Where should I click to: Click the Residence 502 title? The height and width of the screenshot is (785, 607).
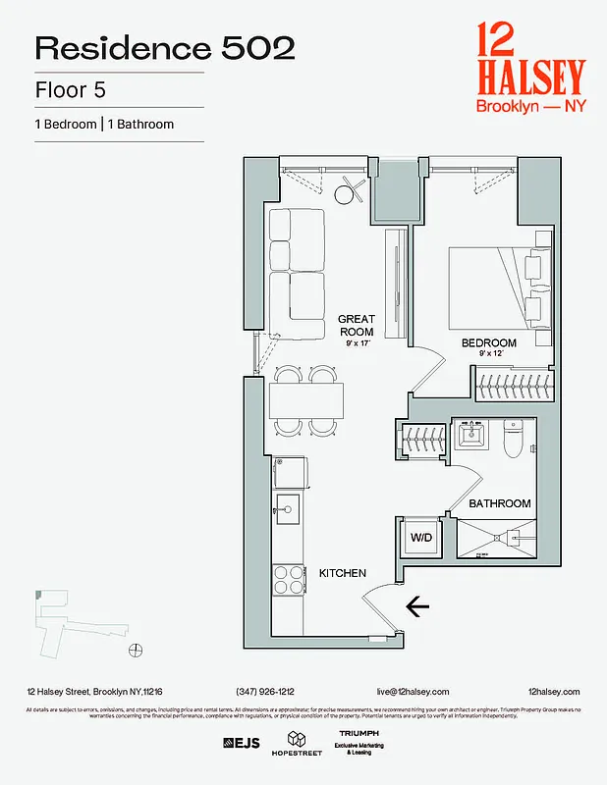point(165,48)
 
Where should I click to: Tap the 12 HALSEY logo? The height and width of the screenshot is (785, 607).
point(529,67)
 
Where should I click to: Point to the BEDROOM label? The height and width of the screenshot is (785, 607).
point(489,342)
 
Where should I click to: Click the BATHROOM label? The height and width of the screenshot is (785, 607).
point(499,503)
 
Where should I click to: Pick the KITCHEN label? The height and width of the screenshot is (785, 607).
point(342,573)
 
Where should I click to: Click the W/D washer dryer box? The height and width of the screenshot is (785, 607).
point(419,537)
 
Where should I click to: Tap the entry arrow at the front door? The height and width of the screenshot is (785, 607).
point(417,608)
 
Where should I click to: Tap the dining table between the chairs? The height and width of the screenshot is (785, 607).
point(306,400)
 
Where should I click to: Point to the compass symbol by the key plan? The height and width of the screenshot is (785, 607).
point(137,649)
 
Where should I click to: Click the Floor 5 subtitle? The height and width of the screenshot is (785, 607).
point(70,90)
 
